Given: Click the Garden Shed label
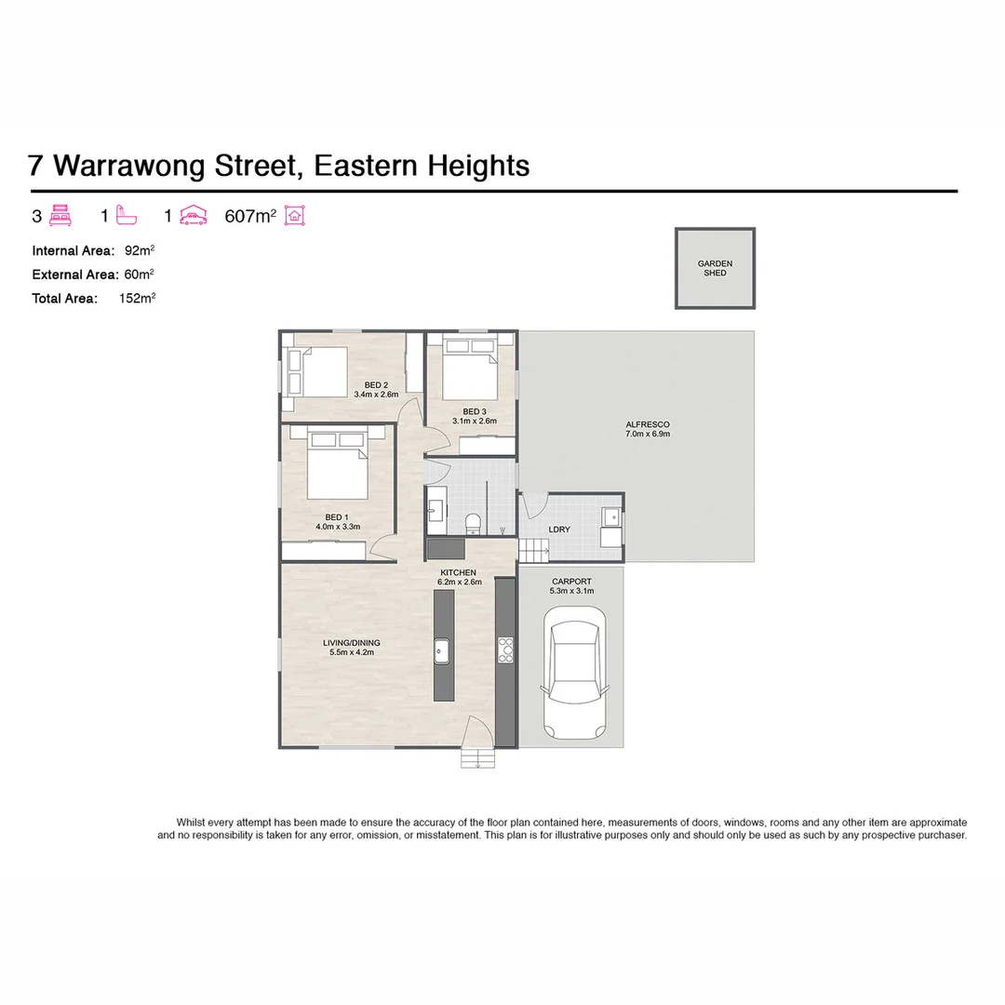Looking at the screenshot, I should pyautogui.click(x=715, y=268).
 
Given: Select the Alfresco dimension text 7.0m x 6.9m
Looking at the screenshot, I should pyautogui.click(x=648, y=434).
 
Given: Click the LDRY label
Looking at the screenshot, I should pyautogui.click(x=559, y=529).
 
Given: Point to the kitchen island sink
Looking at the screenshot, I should pyautogui.click(x=442, y=650).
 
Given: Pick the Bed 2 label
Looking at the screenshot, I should pyautogui.click(x=376, y=385).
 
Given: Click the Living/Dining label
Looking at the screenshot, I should pyautogui.click(x=351, y=643).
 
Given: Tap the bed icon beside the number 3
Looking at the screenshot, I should pyautogui.click(x=61, y=216).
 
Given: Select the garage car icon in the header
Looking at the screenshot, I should pyautogui.click(x=193, y=216).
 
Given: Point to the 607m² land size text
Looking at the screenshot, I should pyautogui.click(x=250, y=217).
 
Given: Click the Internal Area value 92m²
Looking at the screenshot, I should pyautogui.click(x=140, y=250).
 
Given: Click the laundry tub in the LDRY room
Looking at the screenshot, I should pyautogui.click(x=610, y=517).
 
